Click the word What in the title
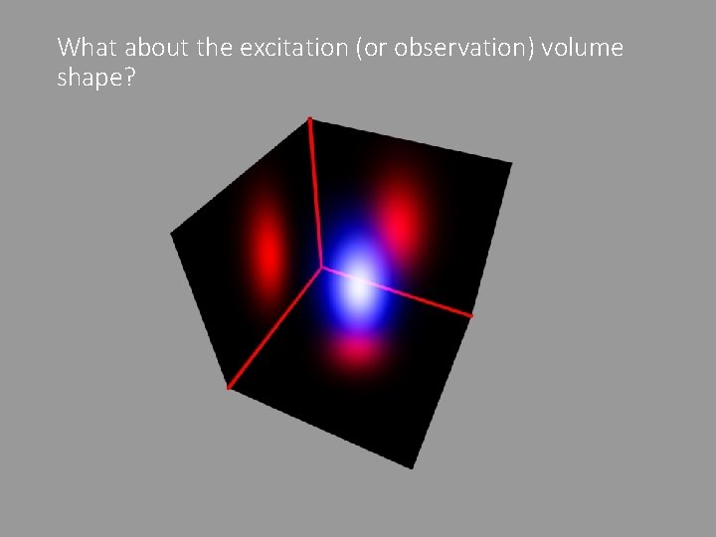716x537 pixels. pos(89,47)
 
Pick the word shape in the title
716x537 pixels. pos(86,79)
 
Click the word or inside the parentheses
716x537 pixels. pos(374,47)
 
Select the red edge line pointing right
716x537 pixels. pos(398,291)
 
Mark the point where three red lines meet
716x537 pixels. pos(321,266)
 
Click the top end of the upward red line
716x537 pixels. pos(309,120)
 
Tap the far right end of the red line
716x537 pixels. pos(471,316)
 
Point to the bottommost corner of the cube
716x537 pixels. pos(413,467)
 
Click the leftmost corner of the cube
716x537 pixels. pos(172,234)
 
